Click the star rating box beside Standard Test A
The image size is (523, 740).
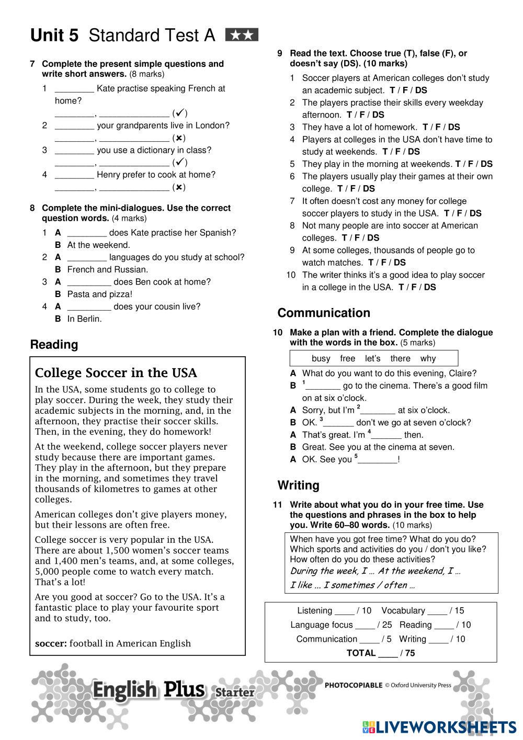[x=242, y=36]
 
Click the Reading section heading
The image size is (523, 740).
[x=54, y=345]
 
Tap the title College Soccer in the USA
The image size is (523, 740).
[x=116, y=373]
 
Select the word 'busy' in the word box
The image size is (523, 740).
[x=321, y=359]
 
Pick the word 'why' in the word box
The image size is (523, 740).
[x=428, y=359]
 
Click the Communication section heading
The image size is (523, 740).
[x=324, y=313]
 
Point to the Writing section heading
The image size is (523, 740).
[x=298, y=485]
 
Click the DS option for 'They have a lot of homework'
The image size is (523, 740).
[x=454, y=127]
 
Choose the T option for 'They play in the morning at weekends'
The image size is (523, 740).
[x=458, y=164]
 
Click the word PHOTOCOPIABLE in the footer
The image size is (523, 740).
[x=354, y=685]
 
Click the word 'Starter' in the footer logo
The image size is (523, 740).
[x=235, y=693]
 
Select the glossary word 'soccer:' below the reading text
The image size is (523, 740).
[x=51, y=643]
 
